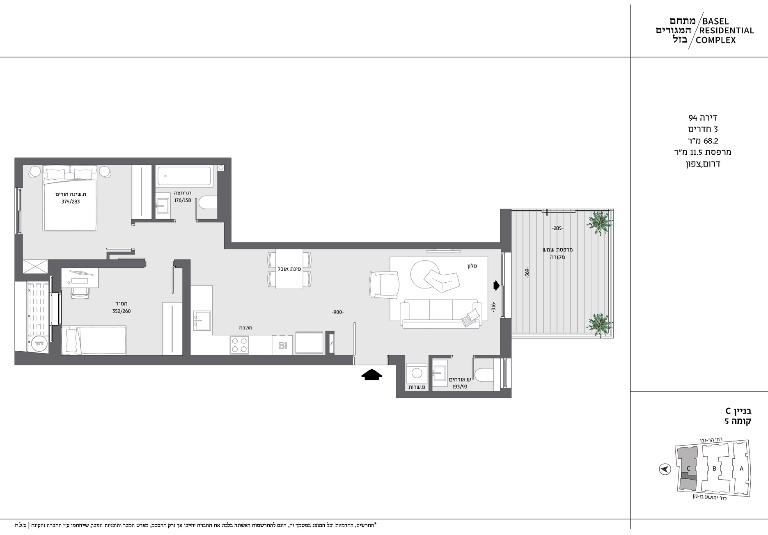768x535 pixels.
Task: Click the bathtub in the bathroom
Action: coord(184,176)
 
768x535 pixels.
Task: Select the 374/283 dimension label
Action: coord(71,201)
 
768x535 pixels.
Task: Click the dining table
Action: coord(289,269)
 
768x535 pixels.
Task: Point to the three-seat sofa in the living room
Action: coord(440,314)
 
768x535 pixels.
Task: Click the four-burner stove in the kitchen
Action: coord(239,345)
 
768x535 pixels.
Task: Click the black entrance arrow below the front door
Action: coord(371,375)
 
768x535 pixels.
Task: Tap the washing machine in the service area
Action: coord(417,373)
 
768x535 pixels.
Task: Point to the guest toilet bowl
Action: coord(484,374)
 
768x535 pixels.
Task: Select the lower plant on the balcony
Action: coord(600,325)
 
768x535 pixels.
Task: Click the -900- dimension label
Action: coord(338,312)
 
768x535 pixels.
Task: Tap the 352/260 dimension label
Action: coord(122,311)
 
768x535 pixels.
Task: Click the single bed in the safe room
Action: coord(94,340)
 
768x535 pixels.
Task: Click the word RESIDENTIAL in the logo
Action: coord(727,30)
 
